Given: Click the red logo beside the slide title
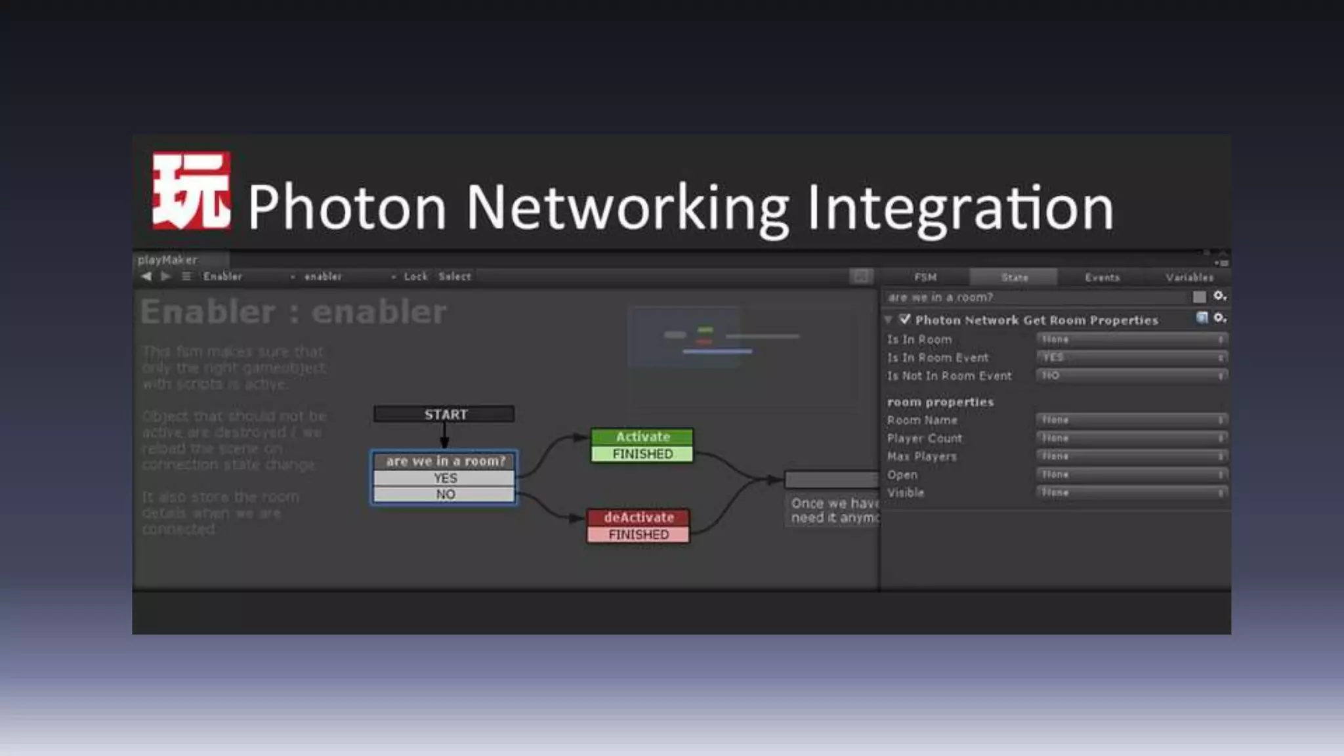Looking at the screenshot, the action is click(x=191, y=191).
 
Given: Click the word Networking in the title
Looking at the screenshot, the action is click(x=627, y=208).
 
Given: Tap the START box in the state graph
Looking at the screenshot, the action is click(x=444, y=414).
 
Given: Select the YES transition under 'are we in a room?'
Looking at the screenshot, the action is click(x=445, y=478).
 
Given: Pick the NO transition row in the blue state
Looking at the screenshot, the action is click(x=445, y=494).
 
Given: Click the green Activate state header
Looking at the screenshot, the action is click(x=642, y=436).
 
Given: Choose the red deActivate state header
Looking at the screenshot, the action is click(x=639, y=517).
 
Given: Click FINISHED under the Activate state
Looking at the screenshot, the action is click(x=642, y=454).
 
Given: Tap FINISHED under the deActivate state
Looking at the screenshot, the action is click(x=639, y=535).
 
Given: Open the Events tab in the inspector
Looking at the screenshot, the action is click(x=1102, y=277).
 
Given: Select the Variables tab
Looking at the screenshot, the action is click(x=1189, y=277).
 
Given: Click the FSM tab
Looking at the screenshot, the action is click(x=925, y=277).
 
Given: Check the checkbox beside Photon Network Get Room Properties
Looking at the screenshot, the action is click(x=905, y=320).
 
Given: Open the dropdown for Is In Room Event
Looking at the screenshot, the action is click(x=1131, y=358).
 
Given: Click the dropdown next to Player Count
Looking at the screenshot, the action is click(x=1131, y=438).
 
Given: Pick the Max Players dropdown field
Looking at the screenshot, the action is click(x=1131, y=456).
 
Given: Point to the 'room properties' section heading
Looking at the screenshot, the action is click(x=940, y=402).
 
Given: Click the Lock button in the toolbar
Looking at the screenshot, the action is click(x=415, y=276).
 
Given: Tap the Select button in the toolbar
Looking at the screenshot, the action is click(x=455, y=276).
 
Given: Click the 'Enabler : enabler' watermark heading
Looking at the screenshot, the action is click(x=293, y=312).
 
